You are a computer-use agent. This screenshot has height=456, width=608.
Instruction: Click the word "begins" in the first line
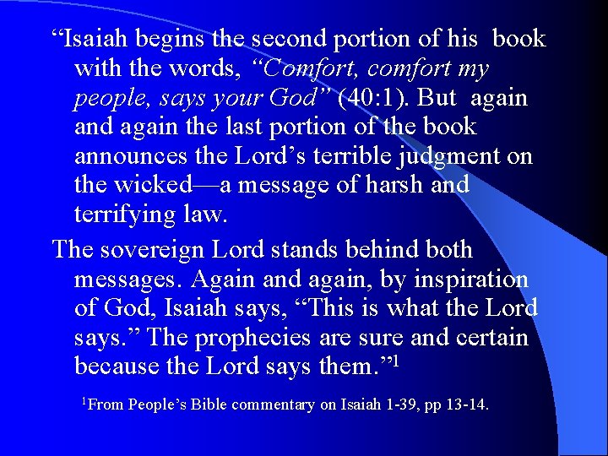[173, 40]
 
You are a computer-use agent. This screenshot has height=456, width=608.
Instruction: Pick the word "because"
[122, 367]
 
